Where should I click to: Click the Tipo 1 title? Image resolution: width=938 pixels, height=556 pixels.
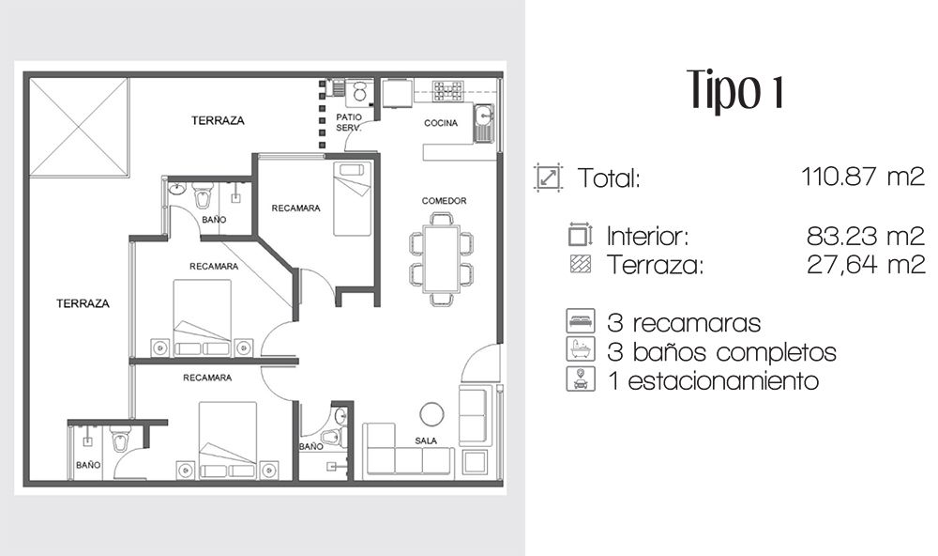735,91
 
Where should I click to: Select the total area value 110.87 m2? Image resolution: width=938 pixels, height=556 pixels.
863,177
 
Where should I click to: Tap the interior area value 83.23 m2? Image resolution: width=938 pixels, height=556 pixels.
866,236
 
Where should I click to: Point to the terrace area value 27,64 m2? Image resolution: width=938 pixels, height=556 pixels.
866,264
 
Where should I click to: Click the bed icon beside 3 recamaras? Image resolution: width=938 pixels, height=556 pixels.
581,321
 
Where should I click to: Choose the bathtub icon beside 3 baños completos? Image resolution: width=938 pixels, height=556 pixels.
581,349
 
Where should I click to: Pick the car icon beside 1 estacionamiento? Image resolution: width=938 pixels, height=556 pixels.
581,378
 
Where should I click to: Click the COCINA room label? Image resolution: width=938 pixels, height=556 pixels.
441,123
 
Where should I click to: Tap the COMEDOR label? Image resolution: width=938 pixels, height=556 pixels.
444,201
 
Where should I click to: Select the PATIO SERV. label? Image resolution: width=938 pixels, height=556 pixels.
349,122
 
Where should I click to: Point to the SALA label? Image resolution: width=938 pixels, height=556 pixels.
426,440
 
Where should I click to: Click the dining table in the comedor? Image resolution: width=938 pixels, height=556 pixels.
442,259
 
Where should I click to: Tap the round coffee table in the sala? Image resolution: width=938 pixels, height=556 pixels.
431,414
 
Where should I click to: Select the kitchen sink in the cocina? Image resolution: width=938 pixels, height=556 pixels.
483,123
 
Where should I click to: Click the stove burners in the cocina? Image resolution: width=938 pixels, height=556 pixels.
448,91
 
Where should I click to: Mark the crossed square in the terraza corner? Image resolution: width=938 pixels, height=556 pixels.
79,127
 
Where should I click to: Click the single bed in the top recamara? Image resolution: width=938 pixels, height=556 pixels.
353,199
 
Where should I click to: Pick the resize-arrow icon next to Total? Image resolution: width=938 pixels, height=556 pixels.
548,178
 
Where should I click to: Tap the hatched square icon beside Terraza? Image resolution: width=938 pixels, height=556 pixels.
581,264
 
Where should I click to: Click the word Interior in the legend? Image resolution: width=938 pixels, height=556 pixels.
647,236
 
